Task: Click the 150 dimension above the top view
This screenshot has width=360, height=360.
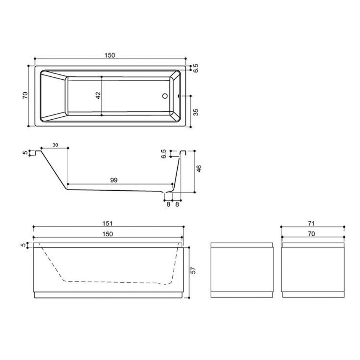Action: (109, 55)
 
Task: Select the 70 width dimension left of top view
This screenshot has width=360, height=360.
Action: (25, 95)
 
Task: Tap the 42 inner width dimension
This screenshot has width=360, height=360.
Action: (98, 95)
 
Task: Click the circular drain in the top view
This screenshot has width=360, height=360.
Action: (165, 96)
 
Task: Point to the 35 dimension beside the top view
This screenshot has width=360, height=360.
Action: (196, 112)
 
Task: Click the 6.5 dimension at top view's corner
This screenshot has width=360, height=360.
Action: (196, 68)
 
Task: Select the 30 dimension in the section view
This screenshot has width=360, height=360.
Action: (55, 145)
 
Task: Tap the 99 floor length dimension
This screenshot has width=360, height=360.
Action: (114, 180)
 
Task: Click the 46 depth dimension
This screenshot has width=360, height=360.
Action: (199, 169)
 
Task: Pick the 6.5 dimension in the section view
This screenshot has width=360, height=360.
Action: (164, 154)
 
